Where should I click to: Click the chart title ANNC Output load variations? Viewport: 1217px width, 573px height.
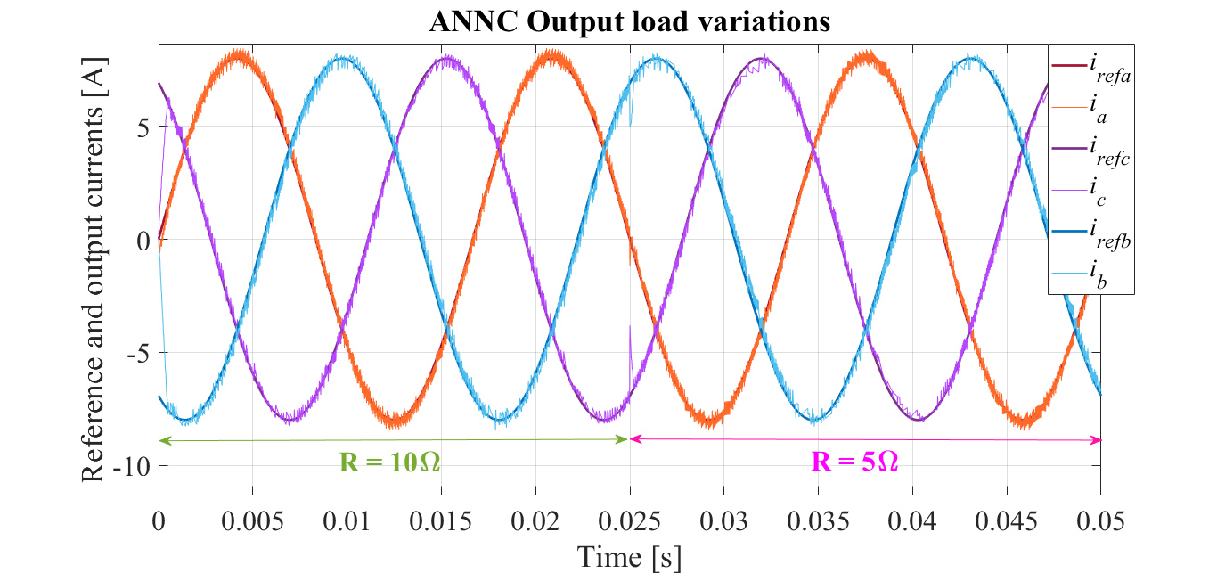click(629, 21)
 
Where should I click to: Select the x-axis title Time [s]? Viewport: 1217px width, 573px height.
click(629, 557)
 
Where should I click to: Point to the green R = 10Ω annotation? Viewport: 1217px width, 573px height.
click(390, 462)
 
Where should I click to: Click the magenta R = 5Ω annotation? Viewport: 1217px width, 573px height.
click(861, 462)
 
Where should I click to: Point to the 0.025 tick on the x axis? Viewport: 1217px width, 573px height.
click(629, 520)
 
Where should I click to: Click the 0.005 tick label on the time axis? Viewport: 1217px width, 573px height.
click(252, 520)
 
